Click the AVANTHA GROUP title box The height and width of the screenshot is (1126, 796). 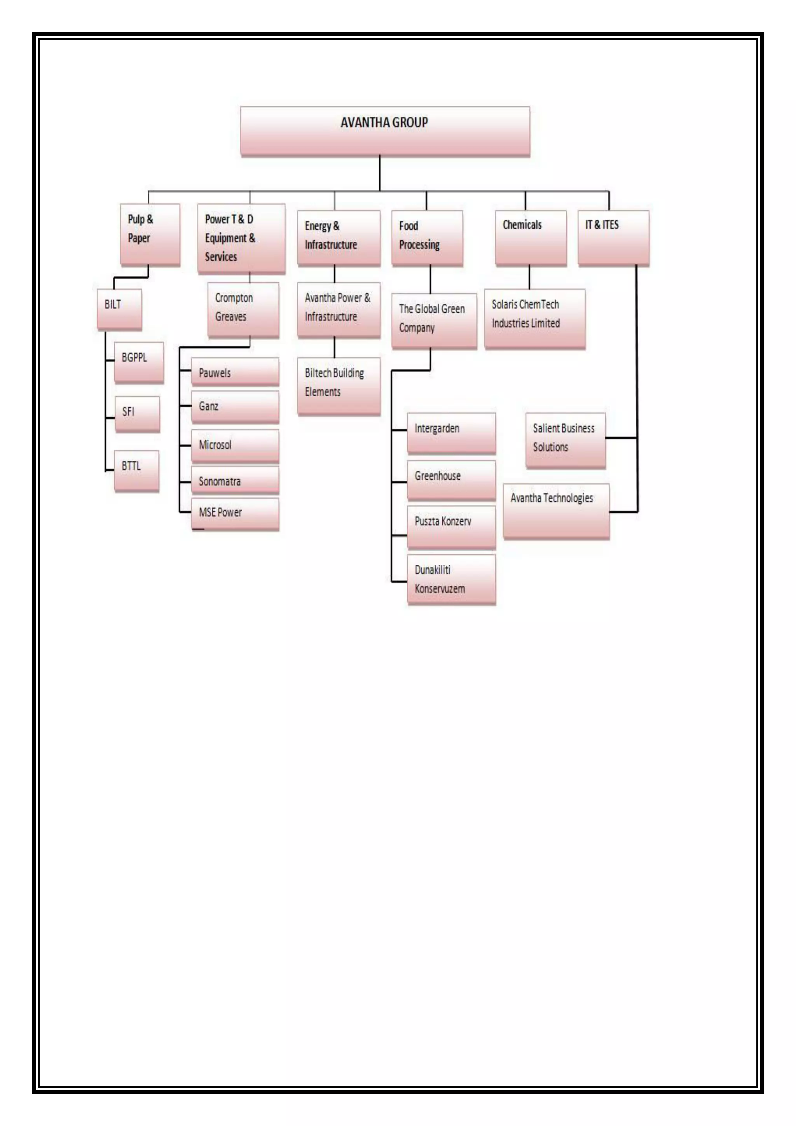(x=385, y=131)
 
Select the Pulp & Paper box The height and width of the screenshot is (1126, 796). (x=150, y=235)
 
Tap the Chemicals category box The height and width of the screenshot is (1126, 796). (x=531, y=238)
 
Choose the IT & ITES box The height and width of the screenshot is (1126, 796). (x=613, y=238)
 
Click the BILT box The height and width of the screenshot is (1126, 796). (x=119, y=309)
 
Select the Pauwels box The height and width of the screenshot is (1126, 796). (x=235, y=372)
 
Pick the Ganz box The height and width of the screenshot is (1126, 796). (x=235, y=406)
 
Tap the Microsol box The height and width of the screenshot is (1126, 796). (x=235, y=445)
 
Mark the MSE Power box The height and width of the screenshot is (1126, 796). (x=235, y=513)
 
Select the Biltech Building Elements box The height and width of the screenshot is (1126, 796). (x=339, y=386)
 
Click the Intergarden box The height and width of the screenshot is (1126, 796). (x=451, y=432)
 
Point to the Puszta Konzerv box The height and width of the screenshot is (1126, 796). (x=451, y=526)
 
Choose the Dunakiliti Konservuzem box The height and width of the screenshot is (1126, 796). (x=451, y=579)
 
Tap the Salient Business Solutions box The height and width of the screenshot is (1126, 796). (x=566, y=440)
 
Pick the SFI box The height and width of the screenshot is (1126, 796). (x=137, y=413)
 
